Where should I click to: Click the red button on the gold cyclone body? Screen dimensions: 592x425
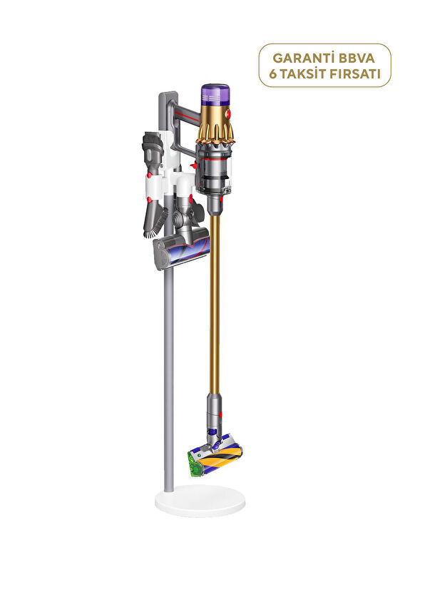(x=230, y=114)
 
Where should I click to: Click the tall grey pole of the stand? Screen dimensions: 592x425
(x=168, y=357)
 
